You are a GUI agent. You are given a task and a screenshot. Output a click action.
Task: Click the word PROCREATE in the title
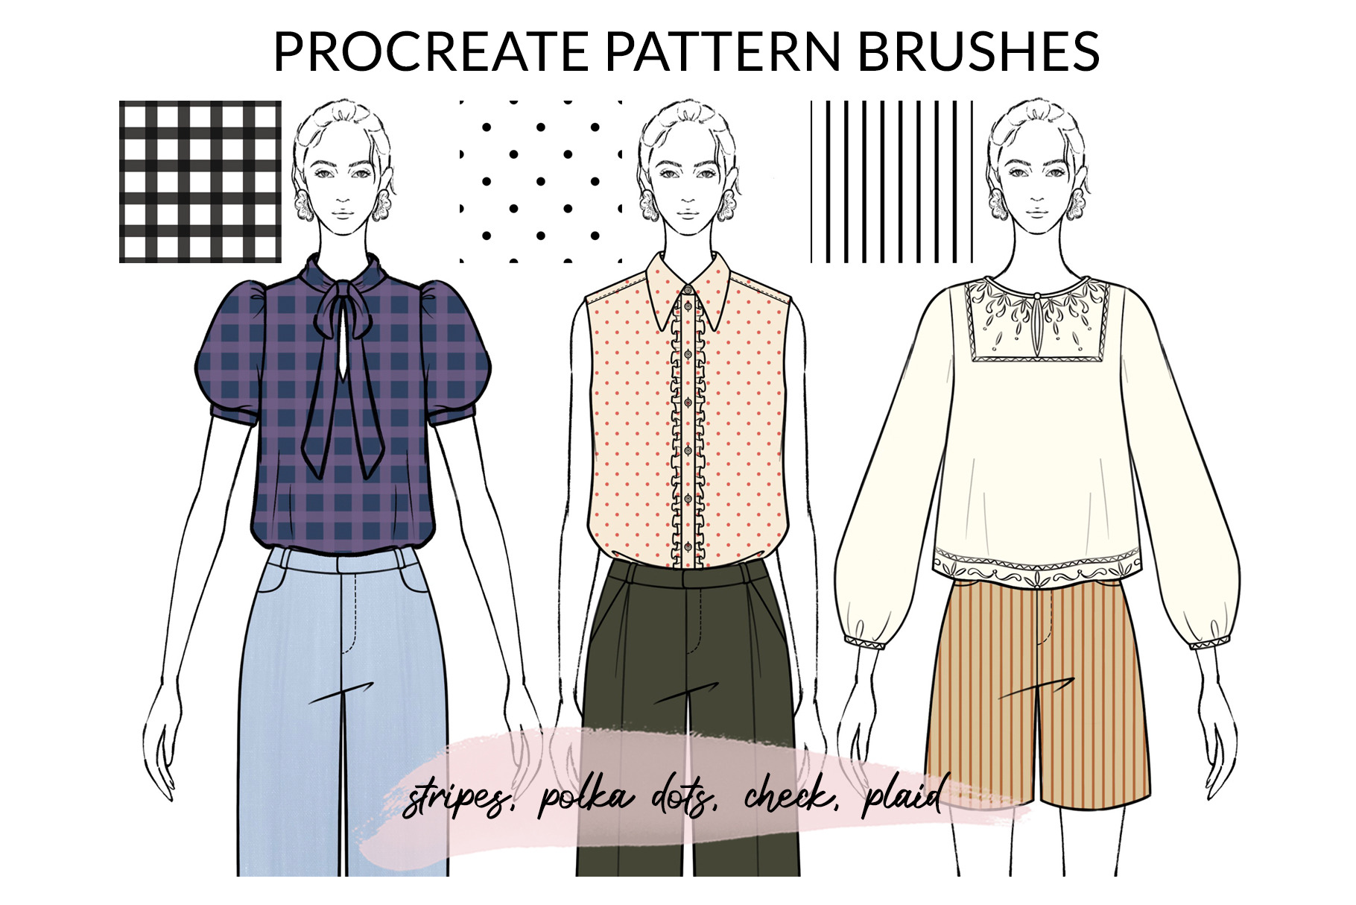coord(431,51)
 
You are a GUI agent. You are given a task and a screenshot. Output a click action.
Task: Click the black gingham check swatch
coord(200,182)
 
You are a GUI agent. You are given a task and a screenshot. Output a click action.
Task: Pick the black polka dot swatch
coord(541,182)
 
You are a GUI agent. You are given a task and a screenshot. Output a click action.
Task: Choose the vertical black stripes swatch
coord(892,182)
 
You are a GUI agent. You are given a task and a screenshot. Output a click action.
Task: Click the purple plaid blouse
coord(343,403)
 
